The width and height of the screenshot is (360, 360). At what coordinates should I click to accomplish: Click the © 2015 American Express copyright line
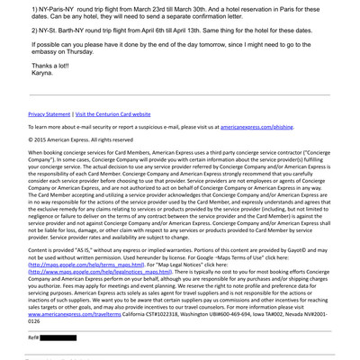tap(80, 166)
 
